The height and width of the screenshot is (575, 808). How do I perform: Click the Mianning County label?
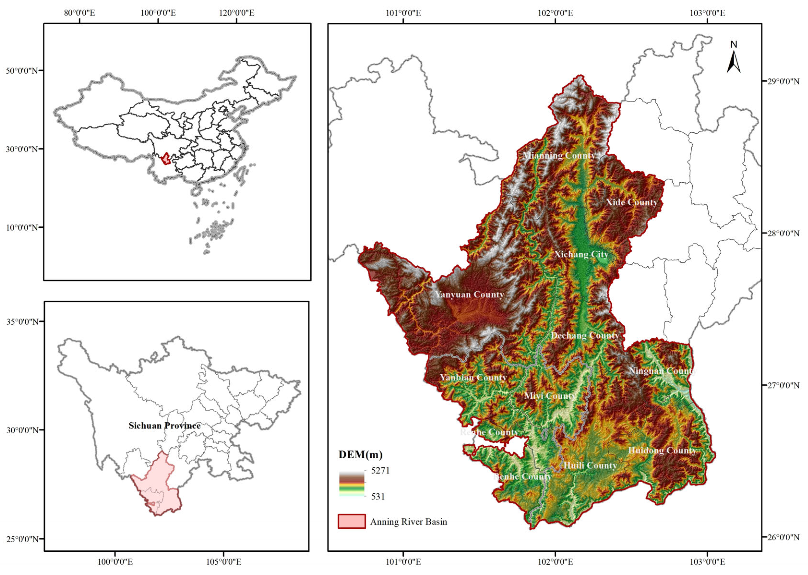tap(559, 156)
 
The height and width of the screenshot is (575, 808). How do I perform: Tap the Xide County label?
tap(631, 202)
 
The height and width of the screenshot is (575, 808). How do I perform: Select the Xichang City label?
tap(581, 254)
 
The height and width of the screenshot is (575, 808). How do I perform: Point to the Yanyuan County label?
tap(469, 295)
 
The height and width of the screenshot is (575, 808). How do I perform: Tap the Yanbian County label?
tap(473, 377)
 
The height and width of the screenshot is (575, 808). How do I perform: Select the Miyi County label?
tap(550, 395)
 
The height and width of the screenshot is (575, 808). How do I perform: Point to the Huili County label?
tap(590, 466)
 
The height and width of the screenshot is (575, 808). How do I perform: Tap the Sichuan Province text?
tap(165, 425)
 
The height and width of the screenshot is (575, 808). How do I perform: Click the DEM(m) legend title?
tap(360, 455)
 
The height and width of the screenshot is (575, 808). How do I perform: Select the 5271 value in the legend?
tap(380, 471)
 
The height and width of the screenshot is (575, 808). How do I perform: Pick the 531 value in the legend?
tap(378, 496)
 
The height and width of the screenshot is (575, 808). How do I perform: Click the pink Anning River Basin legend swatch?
tap(351, 521)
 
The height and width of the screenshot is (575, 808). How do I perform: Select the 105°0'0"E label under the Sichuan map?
tap(224, 562)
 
